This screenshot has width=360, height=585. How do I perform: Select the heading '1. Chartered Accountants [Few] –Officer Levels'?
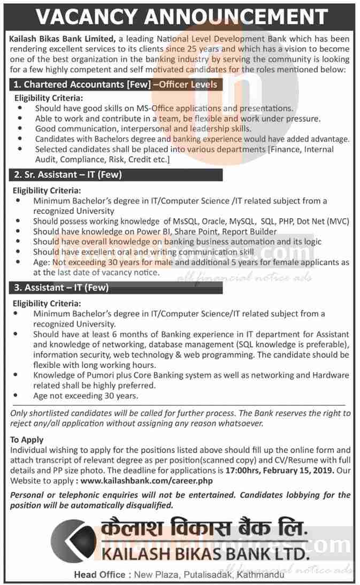click(116, 84)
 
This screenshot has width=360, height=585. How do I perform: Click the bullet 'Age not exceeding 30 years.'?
click(85, 396)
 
